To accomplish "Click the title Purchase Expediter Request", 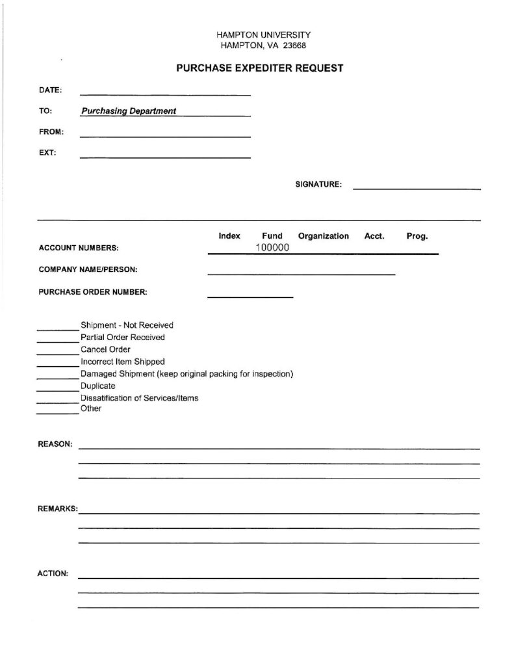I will (259, 68).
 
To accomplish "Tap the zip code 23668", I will (292, 46).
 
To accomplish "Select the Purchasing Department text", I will (129, 111).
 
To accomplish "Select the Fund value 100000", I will (272, 248).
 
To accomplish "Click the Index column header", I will (229, 236).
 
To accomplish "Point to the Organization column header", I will (323, 236).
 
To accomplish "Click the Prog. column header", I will (417, 236).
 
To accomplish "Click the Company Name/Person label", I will (88, 270).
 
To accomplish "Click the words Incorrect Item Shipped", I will (123, 362).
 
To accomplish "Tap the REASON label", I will (55, 444).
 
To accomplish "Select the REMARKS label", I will (57, 509).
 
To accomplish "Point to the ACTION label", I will (53, 574).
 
